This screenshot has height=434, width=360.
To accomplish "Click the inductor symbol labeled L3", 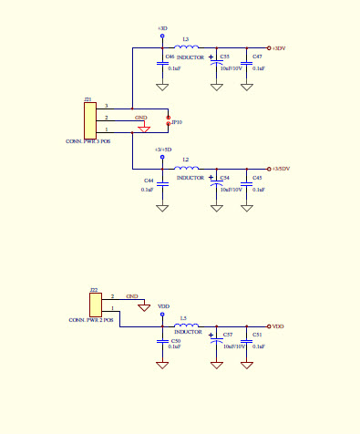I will point(187,47).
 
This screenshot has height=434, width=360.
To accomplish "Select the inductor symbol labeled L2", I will point(187,169).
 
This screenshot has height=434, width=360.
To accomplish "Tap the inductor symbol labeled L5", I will point(187,325).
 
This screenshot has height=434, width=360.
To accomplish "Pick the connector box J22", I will point(95,304).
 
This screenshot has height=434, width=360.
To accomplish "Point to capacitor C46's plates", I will point(162,63).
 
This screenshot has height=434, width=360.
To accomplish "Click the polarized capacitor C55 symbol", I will point(217,63).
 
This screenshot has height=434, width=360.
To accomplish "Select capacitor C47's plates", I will point(246,63).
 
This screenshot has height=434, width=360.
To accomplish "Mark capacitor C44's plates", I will point(162,183).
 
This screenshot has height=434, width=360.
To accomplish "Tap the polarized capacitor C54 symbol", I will point(217,183).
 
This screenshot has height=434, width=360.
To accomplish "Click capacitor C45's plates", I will point(246,183).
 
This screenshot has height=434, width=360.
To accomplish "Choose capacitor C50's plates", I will point(162,340).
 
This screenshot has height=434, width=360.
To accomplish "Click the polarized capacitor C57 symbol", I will point(217,340).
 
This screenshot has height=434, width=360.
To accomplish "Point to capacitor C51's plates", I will point(246,340).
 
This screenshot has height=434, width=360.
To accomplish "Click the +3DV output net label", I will point(280,47).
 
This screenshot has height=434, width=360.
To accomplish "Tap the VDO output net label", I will point(278,325).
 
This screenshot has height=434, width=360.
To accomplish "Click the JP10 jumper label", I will point(177,122).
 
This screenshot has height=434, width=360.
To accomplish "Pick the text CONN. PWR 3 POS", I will point(88,141).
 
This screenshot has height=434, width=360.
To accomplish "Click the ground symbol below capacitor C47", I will point(246,87).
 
